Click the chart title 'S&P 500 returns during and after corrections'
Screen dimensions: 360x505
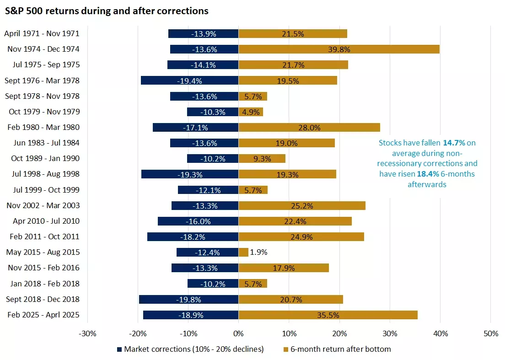107,11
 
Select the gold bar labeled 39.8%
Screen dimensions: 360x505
338,49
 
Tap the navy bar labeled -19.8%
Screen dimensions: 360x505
188,299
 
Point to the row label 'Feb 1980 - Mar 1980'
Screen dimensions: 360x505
42,127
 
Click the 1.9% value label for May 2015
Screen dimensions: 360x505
259,252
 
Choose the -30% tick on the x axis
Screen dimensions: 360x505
87,333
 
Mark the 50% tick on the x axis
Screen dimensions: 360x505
490,333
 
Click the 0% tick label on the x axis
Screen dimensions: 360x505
238,333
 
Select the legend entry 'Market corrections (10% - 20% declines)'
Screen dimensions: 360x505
190,349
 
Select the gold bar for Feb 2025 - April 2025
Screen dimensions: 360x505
328,315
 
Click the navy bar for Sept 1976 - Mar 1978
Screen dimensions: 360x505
189,81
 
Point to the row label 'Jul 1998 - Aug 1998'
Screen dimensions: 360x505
42,174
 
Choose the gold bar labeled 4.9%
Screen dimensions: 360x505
251,112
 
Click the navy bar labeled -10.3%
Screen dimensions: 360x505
213,112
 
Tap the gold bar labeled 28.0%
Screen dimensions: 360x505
309,127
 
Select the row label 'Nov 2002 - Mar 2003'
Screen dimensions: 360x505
42,205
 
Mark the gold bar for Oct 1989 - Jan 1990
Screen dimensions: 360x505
262,158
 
